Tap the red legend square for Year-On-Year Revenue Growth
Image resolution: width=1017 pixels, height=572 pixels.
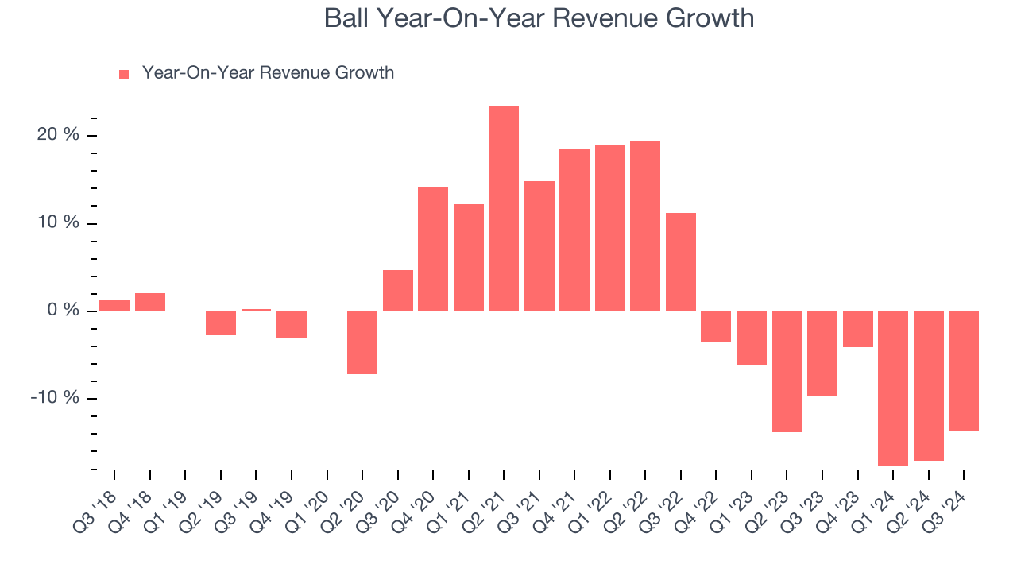coord(124,74)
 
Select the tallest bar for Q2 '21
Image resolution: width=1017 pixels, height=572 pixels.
coord(504,208)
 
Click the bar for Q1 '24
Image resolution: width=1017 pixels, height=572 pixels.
coord(893,388)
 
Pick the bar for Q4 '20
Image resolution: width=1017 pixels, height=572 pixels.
coord(433,249)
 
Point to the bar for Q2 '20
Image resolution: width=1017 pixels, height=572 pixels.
coord(362,342)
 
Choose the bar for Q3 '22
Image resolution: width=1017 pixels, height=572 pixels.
coord(681,261)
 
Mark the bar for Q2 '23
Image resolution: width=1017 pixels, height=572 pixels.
coord(787,371)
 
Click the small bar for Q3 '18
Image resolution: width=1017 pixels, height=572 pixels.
coord(114,305)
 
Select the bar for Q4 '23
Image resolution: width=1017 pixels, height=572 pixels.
coord(857,329)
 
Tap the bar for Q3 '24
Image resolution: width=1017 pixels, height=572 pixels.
coord(964,371)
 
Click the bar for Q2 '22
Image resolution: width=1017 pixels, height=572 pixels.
coord(645,226)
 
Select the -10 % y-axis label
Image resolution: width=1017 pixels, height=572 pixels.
coord(55,398)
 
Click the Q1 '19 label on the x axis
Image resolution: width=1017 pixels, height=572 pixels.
coord(168,501)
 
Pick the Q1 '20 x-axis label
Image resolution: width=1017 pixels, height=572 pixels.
coord(310,501)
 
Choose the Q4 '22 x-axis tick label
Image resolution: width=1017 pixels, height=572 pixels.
coord(699,501)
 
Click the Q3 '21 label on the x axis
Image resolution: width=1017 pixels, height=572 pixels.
coord(522,501)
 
